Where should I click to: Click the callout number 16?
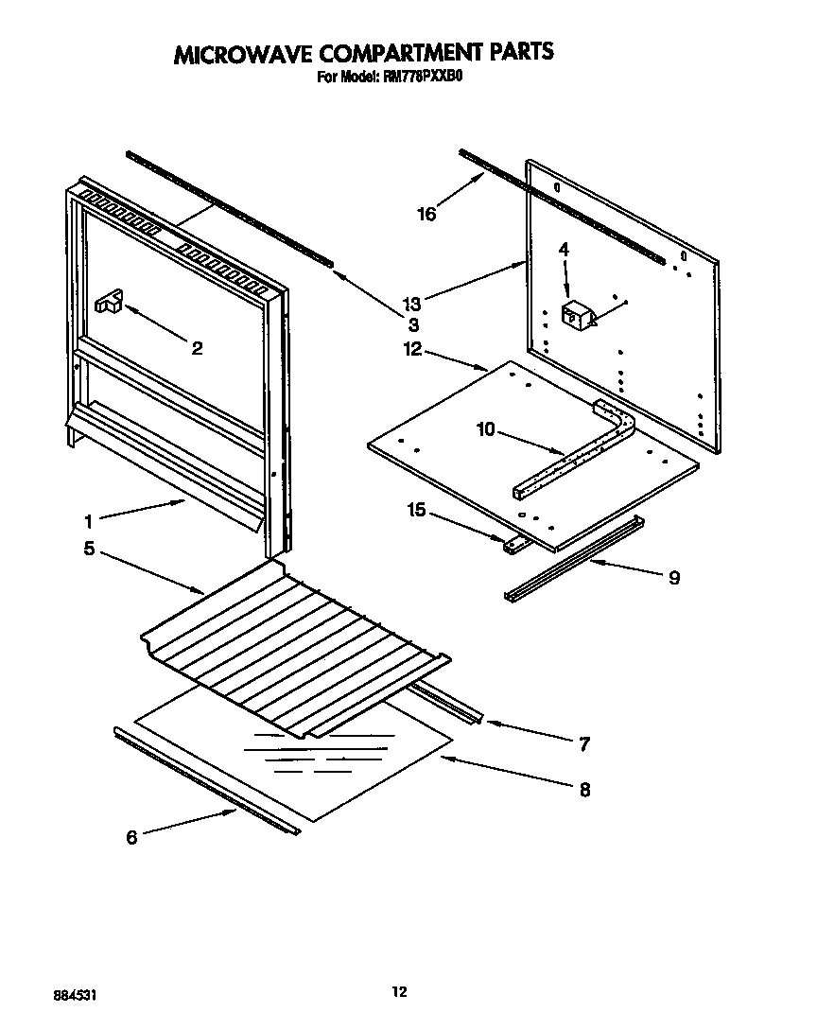click(426, 214)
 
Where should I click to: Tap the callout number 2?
click(197, 349)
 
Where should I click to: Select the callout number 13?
click(411, 304)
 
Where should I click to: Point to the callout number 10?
click(485, 430)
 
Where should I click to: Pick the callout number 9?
click(673, 577)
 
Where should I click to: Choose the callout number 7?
click(583, 744)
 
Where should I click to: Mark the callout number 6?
click(131, 837)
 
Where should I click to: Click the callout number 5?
click(88, 549)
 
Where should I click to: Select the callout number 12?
click(411, 349)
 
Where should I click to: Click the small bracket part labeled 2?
click(109, 302)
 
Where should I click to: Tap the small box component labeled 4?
click(575, 315)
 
